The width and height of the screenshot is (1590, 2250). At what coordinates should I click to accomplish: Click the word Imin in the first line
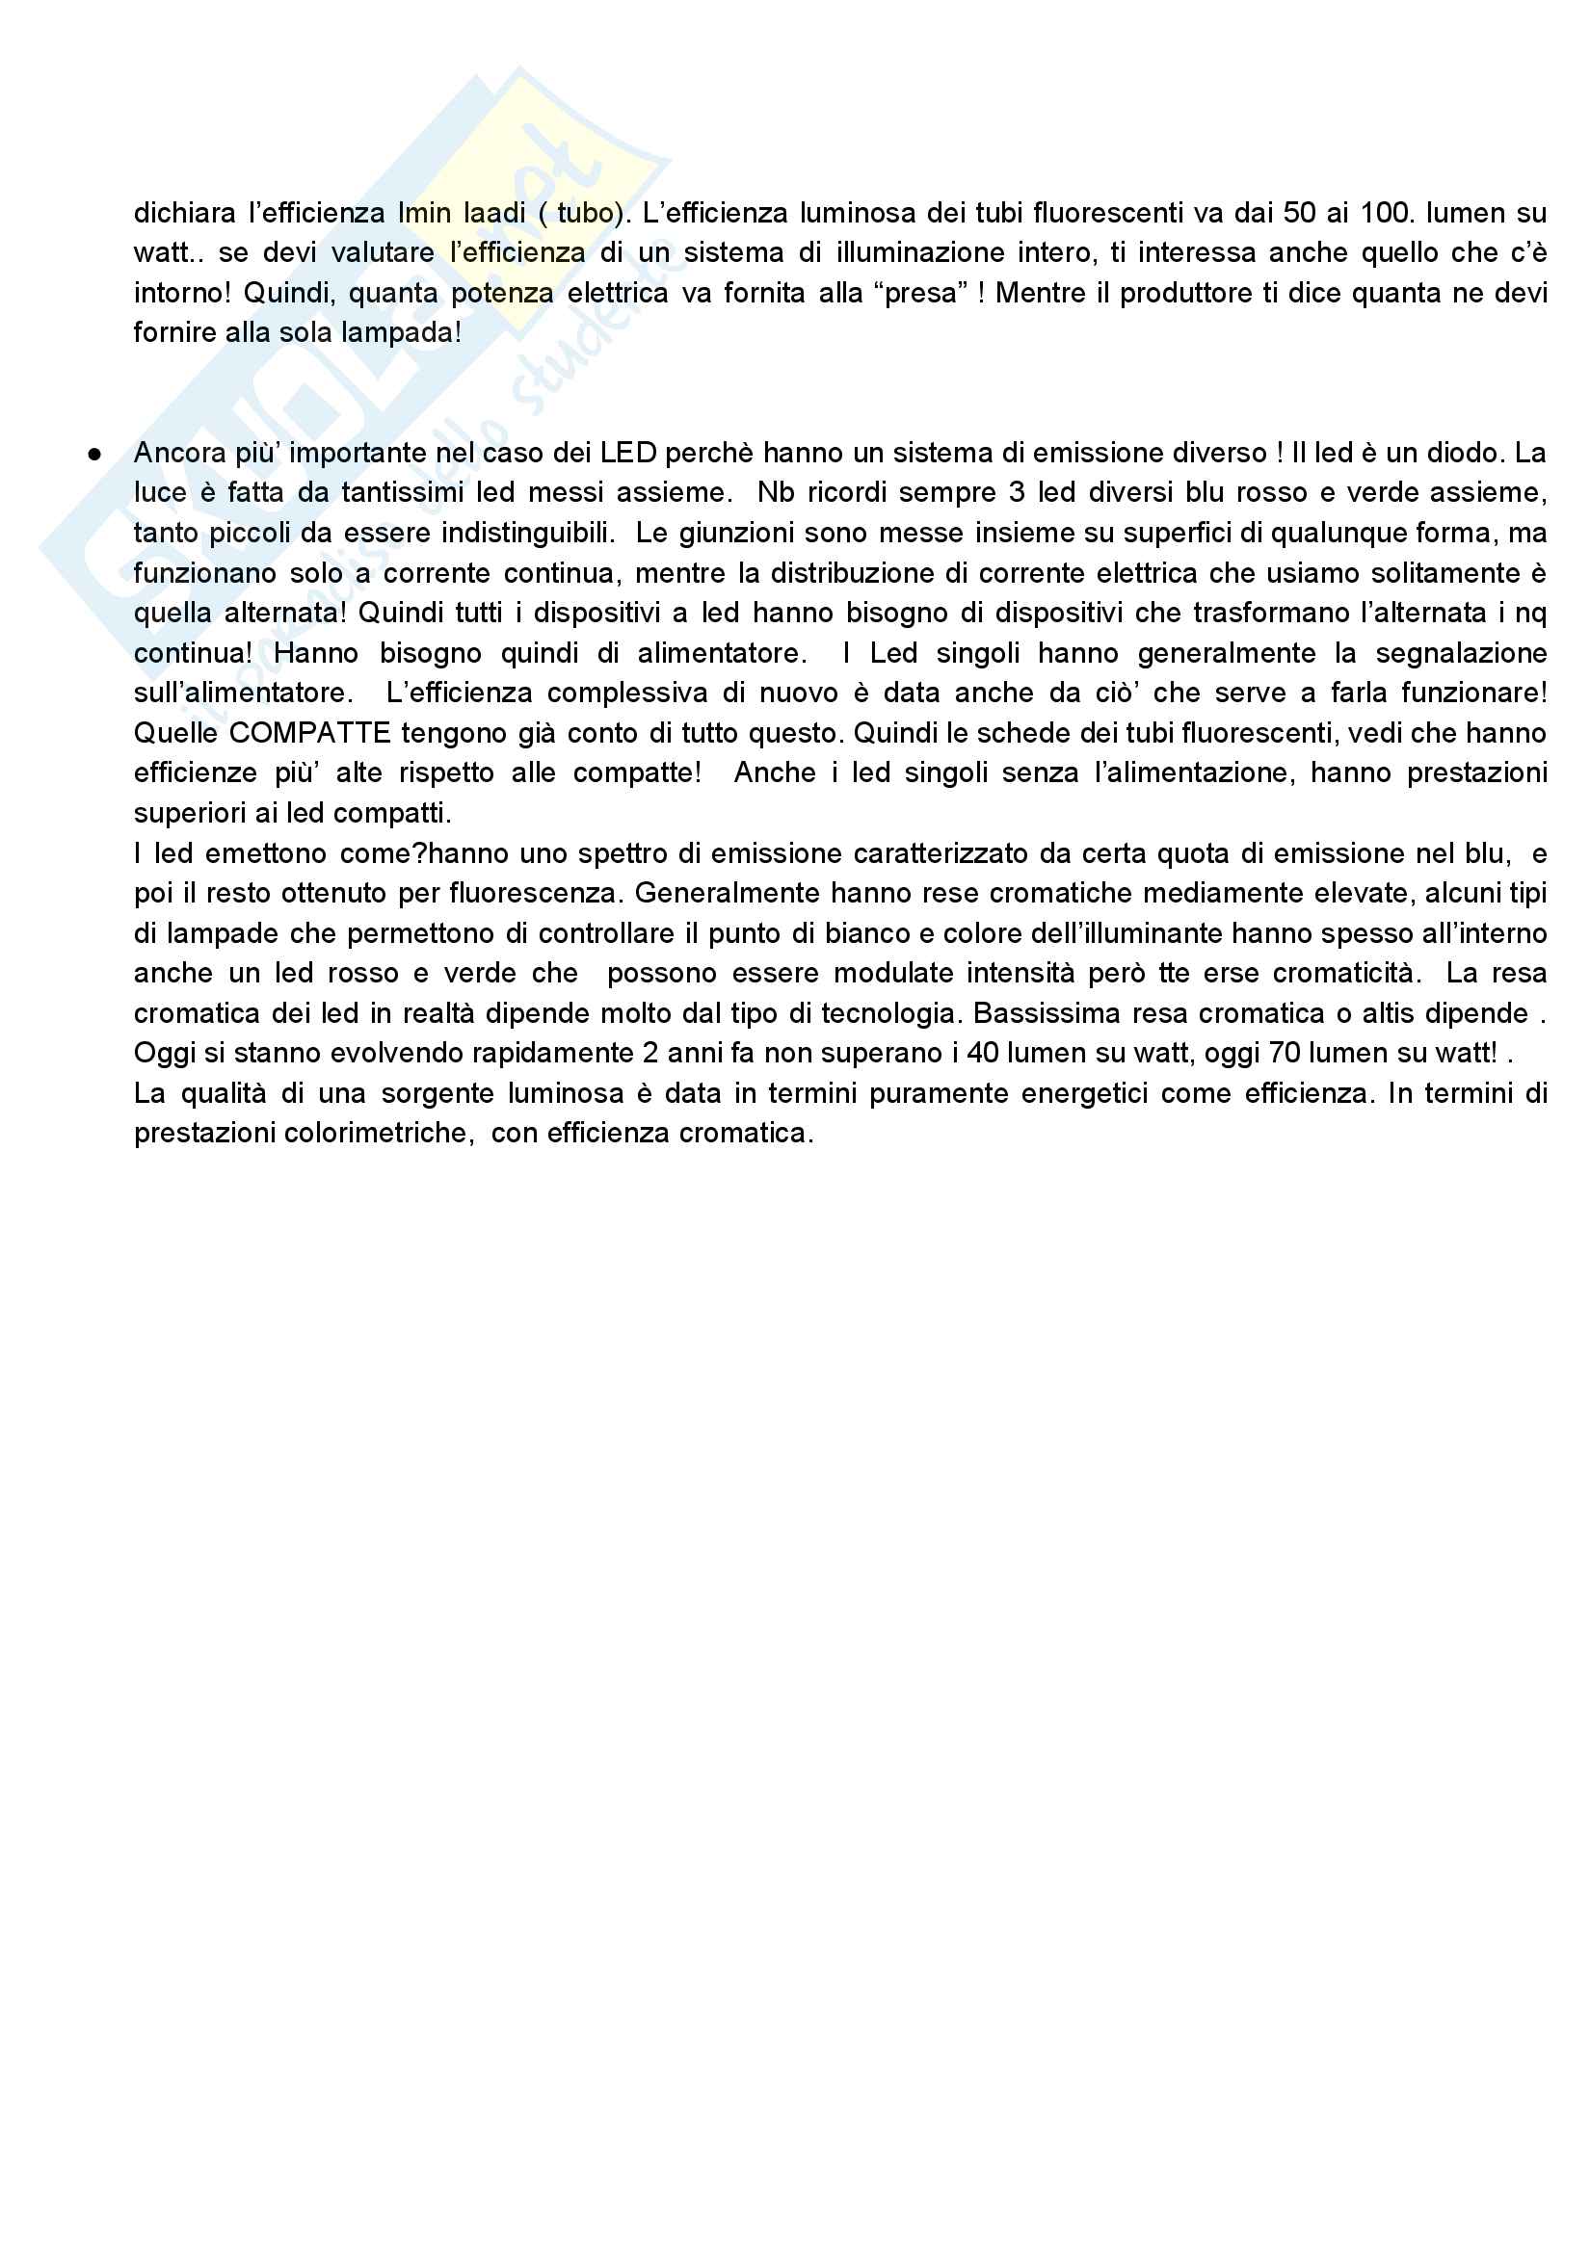coord(423,213)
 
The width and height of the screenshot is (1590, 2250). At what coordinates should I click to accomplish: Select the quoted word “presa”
coord(921,293)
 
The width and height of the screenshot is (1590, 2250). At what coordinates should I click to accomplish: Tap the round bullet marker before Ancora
coord(95,454)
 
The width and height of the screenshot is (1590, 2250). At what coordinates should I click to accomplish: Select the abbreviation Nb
coord(775,493)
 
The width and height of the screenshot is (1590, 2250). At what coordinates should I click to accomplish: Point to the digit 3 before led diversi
coord(1017,493)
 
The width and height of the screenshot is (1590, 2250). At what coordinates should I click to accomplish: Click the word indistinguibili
coord(527,533)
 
